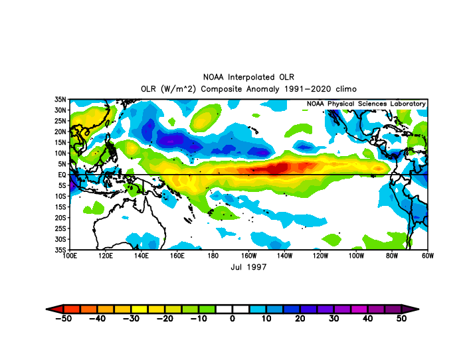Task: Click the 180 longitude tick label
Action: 213,256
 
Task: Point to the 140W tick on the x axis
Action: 284,256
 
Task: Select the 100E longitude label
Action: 70,256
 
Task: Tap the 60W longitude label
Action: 428,256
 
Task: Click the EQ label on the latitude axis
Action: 62,175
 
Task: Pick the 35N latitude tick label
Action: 60,100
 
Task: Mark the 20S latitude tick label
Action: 60,218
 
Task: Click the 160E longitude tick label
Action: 177,256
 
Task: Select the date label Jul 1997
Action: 248,267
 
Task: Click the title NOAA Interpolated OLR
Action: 248,77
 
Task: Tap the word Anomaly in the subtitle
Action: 263,89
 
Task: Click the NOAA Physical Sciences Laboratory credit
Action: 366,104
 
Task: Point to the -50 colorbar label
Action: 64,318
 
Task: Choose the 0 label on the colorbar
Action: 232,318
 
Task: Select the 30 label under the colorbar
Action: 334,318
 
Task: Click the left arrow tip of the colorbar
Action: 46,310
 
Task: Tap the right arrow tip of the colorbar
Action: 418,310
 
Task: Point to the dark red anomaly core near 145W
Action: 277,169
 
